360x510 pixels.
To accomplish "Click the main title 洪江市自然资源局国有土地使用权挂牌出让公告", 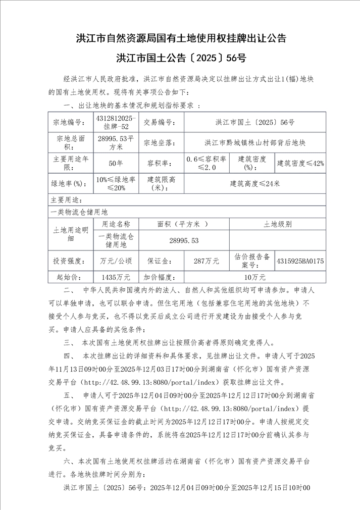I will [180, 38].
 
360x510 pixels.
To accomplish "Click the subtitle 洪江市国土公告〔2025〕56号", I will [180, 58].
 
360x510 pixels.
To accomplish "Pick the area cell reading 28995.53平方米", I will [116, 142].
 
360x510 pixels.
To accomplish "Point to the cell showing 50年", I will [116, 163].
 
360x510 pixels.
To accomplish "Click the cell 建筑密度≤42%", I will [300, 163].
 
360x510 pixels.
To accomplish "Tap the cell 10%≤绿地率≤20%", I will [116, 183].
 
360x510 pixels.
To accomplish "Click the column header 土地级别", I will [277, 224].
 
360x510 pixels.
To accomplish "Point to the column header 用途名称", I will [116, 224].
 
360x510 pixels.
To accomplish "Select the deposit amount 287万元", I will [207, 261].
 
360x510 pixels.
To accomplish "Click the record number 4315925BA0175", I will [300, 261].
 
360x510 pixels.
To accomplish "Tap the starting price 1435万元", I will [116, 277].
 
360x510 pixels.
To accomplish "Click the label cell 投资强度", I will [70, 261].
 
